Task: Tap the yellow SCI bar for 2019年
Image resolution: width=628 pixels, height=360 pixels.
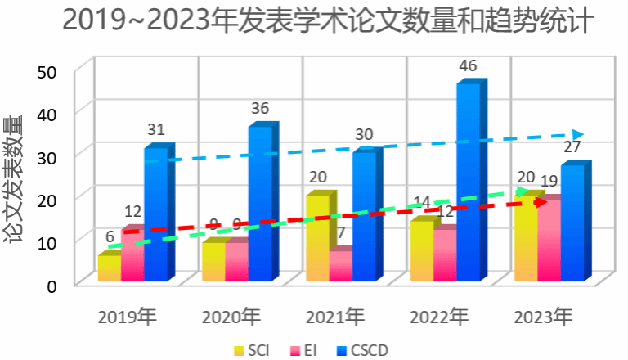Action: coord(108,268)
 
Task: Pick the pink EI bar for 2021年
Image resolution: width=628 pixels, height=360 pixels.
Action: coord(339,266)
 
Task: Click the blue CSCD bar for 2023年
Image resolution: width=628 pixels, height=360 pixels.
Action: coord(572,223)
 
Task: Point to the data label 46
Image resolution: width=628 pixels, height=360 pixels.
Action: coord(468,66)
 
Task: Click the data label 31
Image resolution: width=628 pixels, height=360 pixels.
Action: coord(156,129)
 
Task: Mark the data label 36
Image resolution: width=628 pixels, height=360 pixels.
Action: coord(260,108)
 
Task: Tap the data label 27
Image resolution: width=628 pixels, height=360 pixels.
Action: coord(572,147)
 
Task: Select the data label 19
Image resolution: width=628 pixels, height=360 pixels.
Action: coord(549,180)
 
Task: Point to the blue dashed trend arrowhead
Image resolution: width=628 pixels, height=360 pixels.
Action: coord(578,135)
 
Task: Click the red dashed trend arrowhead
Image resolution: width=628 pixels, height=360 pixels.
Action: coord(541,201)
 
